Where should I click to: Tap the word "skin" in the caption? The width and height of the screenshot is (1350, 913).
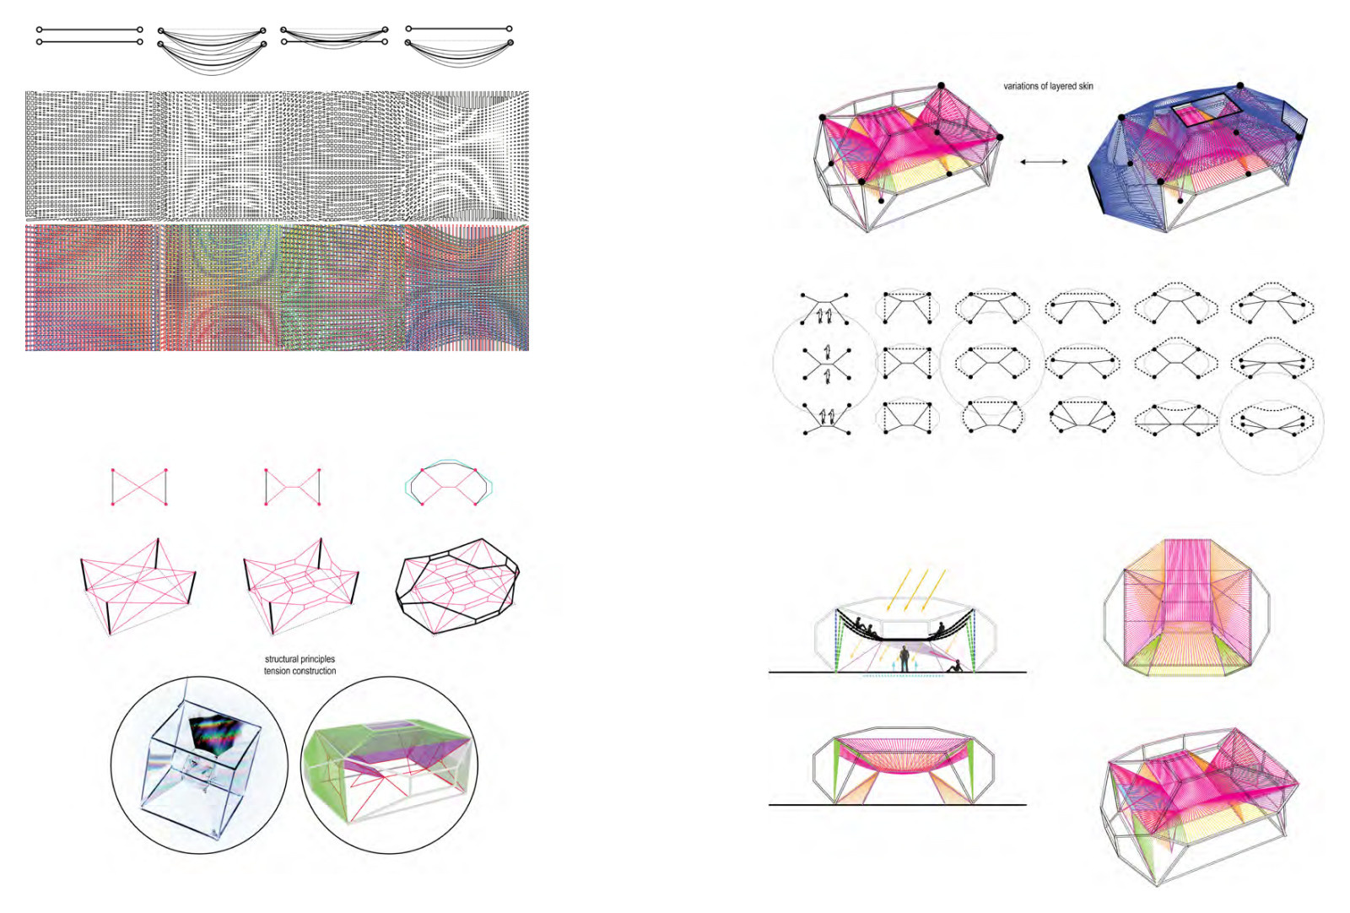point(1085,86)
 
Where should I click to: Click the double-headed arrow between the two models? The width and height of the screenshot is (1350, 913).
point(1044,161)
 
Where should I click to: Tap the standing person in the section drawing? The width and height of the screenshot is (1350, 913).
point(904,659)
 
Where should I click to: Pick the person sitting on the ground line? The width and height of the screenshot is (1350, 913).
point(954,667)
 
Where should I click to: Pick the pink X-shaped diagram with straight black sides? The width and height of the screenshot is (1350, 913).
point(139,487)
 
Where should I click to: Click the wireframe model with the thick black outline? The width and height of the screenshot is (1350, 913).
point(457,586)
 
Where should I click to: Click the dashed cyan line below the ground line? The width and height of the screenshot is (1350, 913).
point(903,676)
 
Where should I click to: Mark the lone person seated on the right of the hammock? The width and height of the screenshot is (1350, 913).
point(937,631)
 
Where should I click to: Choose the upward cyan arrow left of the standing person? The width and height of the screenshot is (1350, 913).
point(894,664)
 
